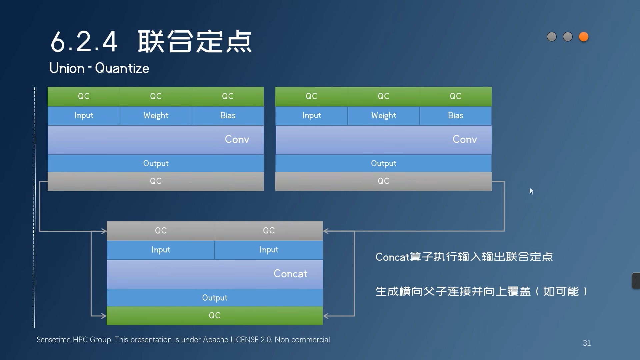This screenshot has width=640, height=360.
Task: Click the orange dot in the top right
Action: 583,37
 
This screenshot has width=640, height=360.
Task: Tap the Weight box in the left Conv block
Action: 156,116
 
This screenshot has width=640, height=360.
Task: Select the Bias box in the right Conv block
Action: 455,116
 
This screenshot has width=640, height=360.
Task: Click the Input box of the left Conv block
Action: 84,116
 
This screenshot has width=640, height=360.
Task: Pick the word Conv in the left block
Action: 237,139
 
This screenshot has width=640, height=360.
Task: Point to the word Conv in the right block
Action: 464,139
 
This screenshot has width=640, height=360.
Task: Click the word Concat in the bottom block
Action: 290,274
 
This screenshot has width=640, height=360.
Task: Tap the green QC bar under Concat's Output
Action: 215,315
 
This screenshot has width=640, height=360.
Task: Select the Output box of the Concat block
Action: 215,298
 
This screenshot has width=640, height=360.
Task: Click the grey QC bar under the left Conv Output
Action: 156,181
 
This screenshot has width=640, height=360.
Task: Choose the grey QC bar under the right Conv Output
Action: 383,181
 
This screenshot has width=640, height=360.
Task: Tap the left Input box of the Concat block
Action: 161,250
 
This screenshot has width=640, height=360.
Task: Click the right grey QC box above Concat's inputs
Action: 269,231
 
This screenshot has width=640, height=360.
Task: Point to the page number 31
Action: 587,343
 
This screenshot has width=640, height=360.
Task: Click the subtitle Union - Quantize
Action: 99,68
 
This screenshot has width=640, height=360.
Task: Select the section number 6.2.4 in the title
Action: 84,42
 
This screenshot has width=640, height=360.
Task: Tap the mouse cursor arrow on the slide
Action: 532,191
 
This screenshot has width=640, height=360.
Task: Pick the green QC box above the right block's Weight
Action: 383,96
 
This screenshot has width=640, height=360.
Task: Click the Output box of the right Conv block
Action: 383,163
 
